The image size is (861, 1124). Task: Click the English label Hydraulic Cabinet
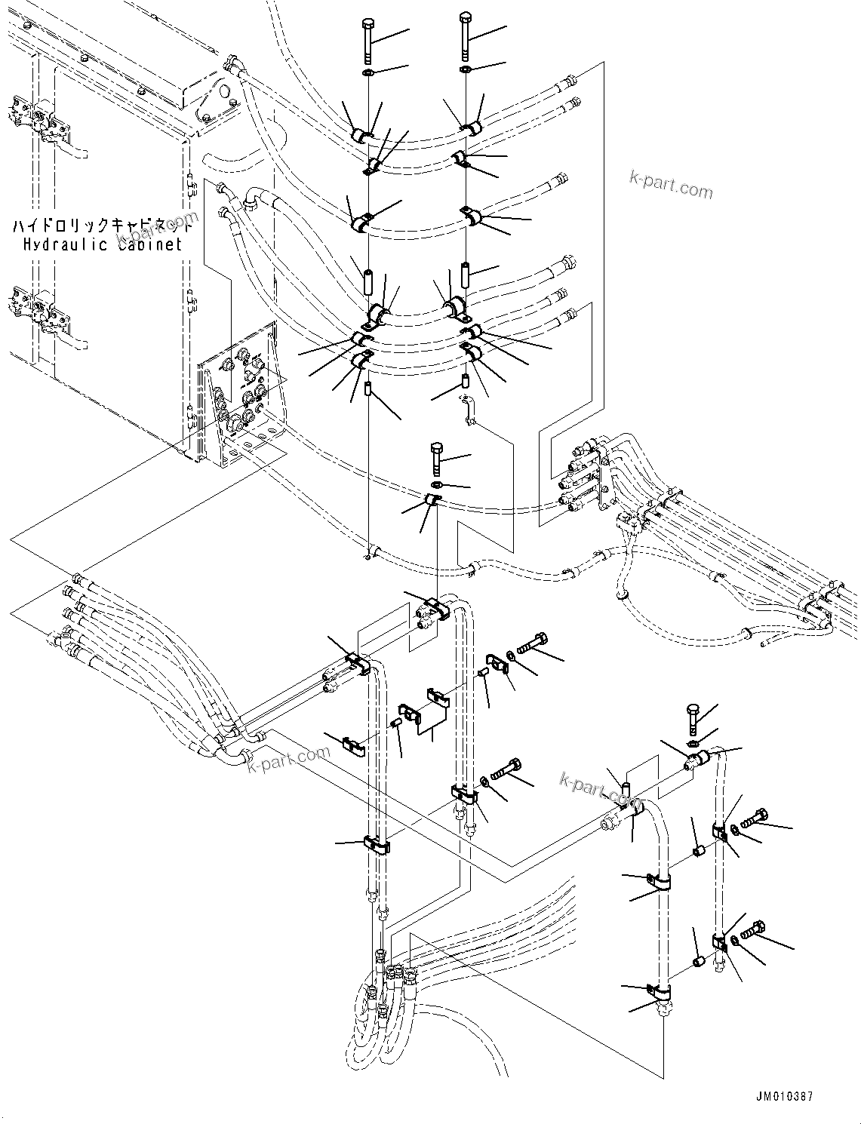(x=103, y=244)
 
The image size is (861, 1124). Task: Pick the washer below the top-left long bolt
(x=366, y=73)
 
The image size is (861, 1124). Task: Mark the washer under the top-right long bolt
(x=466, y=70)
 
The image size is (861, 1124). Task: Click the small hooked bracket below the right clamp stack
(x=468, y=412)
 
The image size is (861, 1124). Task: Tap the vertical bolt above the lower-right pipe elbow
(x=693, y=720)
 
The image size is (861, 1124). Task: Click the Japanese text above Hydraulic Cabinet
(x=103, y=225)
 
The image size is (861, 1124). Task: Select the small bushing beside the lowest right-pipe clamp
(x=699, y=961)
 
